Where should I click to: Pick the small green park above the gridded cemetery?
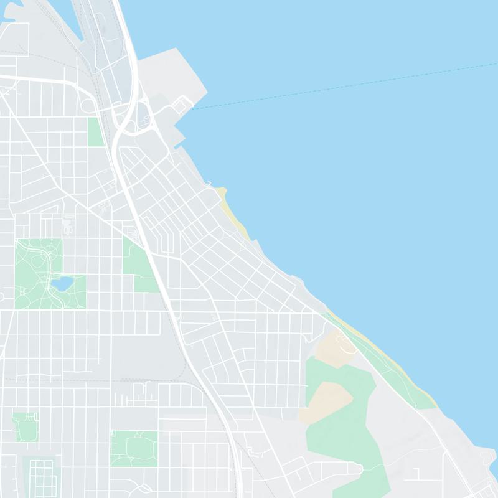coord(25,426)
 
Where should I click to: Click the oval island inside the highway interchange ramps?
coord(143,118)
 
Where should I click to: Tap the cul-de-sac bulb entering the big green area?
coord(357,467)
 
